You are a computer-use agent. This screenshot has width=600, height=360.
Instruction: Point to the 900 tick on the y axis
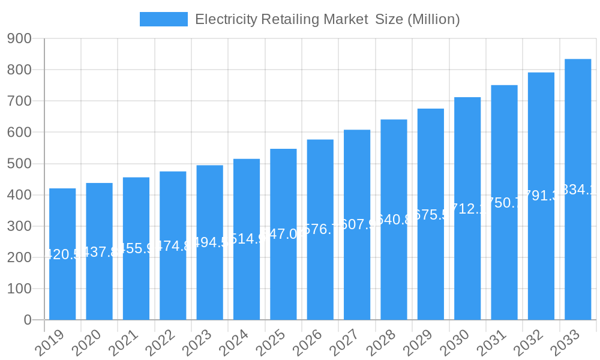coord(19,38)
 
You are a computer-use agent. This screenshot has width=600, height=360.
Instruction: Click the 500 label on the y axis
coord(19,164)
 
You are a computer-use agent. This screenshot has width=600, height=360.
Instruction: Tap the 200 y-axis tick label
coord(19,257)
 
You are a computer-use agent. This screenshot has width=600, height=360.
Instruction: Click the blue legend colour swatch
coord(163,19)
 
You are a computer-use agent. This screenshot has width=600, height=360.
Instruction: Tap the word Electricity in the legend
coord(226,19)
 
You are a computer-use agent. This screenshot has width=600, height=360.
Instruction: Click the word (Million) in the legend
coord(434,19)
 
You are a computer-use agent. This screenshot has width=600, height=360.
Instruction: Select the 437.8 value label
coord(99,252)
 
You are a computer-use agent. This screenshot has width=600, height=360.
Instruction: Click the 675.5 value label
coord(431,215)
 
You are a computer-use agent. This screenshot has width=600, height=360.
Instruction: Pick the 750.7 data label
coord(504,203)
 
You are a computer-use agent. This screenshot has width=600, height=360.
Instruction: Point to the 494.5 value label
coord(209,242)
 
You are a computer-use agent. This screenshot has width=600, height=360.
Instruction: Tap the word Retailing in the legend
coord(289,19)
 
